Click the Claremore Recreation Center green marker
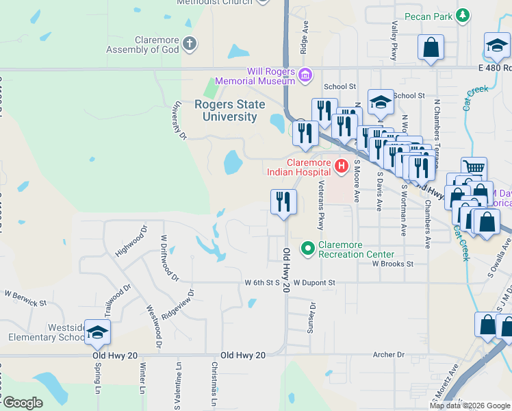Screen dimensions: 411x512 tap(307, 248)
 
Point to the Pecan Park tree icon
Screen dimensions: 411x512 tap(463, 15)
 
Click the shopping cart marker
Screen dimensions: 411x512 tap(474, 167)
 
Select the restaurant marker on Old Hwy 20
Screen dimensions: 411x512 tap(283, 202)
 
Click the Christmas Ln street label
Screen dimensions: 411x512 tap(214, 387)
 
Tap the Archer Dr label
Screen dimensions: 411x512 tap(389, 354)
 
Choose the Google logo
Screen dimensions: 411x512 tap(22, 403)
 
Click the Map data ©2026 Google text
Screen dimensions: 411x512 tap(470, 406)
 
